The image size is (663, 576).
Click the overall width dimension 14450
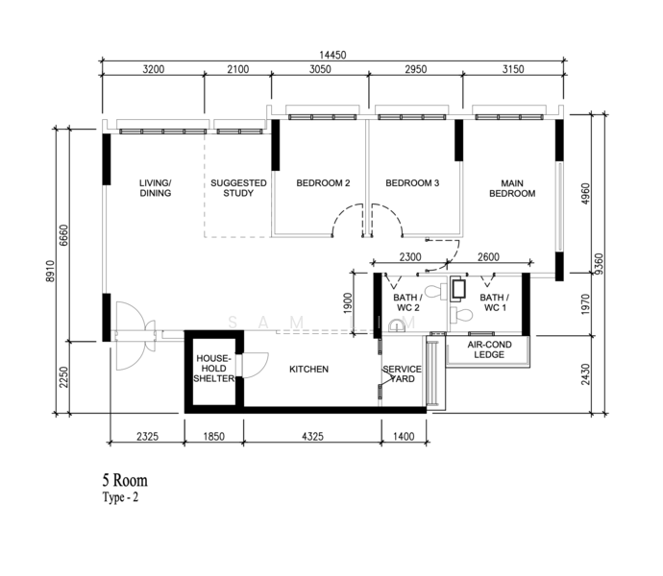coord(332,55)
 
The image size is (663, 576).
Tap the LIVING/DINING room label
coord(155,188)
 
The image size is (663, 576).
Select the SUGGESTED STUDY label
coord(238,188)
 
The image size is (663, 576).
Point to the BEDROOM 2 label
coord(323,183)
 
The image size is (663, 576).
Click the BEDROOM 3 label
coord(412,183)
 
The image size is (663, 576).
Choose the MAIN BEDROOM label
coord(512,188)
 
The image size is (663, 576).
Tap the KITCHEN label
coord(308,369)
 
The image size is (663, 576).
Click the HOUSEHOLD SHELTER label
coord(214,369)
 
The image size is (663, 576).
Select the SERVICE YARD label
coord(402,374)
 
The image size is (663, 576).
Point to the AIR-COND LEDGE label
coord(489,349)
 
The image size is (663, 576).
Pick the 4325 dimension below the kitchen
coord(312,436)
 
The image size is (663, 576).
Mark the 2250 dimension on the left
coord(63,377)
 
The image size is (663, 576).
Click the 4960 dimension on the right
coord(585,194)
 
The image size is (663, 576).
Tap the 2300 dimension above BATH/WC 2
coord(410,257)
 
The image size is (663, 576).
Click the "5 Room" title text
coord(125,481)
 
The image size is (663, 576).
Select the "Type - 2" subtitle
coord(120,497)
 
